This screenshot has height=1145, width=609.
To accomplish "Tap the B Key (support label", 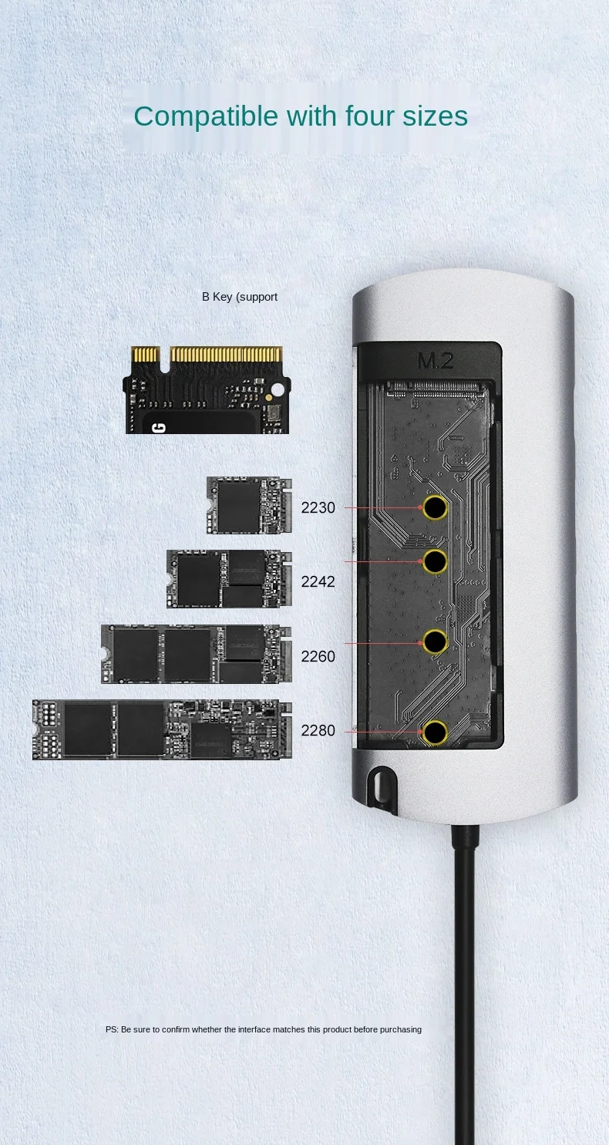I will (x=240, y=297).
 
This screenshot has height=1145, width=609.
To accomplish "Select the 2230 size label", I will (x=318, y=508).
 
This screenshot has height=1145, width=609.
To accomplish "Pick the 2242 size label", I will (x=318, y=581).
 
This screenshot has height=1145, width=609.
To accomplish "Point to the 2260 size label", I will (x=318, y=656).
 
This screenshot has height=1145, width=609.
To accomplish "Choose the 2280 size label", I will (x=318, y=730).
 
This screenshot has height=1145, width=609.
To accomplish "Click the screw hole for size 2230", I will (x=436, y=508).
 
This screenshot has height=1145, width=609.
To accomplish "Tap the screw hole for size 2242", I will (x=436, y=561).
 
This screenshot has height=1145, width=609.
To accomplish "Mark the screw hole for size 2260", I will (x=436, y=642).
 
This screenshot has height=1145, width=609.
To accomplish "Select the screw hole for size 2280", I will (x=436, y=732).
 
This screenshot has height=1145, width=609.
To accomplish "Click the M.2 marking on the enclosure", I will (x=436, y=361).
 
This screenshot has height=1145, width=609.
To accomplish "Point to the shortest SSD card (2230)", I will (x=249, y=505).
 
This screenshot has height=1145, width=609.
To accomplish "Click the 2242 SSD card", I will (x=229, y=579).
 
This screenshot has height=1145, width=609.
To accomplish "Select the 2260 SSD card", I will (x=196, y=654).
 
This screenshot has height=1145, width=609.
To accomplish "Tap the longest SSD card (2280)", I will (x=162, y=729).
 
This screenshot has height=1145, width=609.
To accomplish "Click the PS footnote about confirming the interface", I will (x=264, y=1029).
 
